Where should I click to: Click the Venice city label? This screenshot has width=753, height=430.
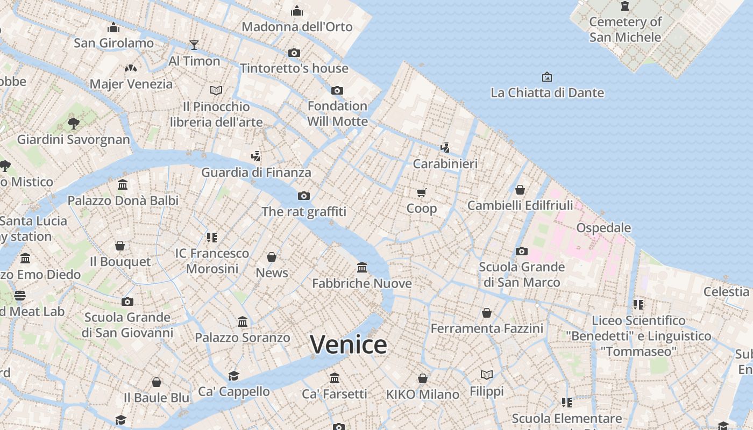pos(349,345)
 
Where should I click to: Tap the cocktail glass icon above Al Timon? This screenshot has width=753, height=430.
pos(194,45)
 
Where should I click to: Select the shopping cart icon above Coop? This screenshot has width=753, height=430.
pos(422,192)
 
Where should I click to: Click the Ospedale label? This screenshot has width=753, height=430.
pos(603,228)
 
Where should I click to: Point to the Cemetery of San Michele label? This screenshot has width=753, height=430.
pos(625,30)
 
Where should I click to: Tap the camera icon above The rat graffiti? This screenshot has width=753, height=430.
pos(304,196)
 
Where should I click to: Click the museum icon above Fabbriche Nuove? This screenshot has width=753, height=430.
pos(362,267)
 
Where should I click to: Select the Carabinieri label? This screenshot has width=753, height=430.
pos(445,164)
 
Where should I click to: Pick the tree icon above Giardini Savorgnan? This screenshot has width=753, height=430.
pos(74,124)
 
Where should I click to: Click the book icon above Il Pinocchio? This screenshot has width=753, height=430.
pos(216,90)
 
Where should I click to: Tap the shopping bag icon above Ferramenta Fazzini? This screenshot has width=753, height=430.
pos(487,313)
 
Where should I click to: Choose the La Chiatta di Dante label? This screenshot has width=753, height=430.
pos(547,93)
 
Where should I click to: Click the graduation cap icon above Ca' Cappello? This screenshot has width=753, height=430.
pos(233,375)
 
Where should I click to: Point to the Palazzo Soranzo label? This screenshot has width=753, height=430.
pos(243,338)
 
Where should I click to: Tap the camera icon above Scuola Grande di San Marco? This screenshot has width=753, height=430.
pos(521,251)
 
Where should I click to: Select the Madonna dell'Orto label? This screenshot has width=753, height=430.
pos(297,27)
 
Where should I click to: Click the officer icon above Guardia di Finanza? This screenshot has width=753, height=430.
pos(256,156)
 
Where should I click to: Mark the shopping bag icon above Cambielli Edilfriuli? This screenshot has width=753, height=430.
pos(520,190)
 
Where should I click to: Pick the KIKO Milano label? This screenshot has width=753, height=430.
pos(423,395)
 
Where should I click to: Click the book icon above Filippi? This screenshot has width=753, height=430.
pos(487,375)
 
